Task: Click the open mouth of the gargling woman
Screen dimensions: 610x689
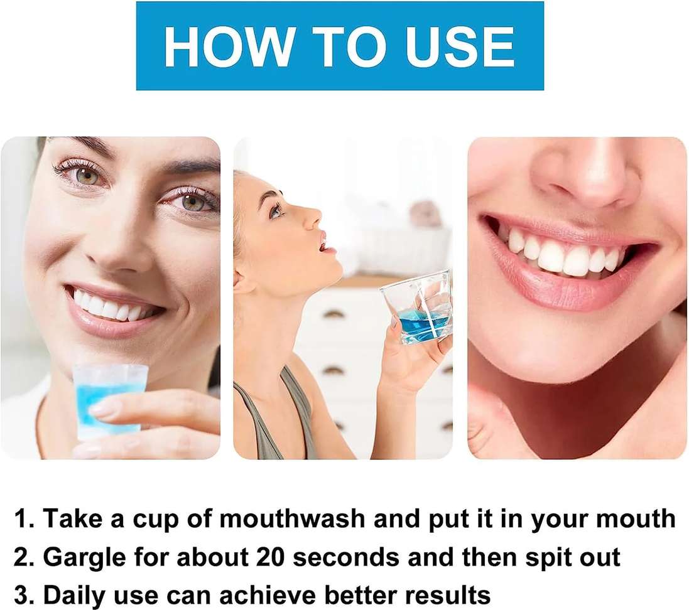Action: [323, 242]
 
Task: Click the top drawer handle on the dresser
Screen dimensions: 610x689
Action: [334, 314]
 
